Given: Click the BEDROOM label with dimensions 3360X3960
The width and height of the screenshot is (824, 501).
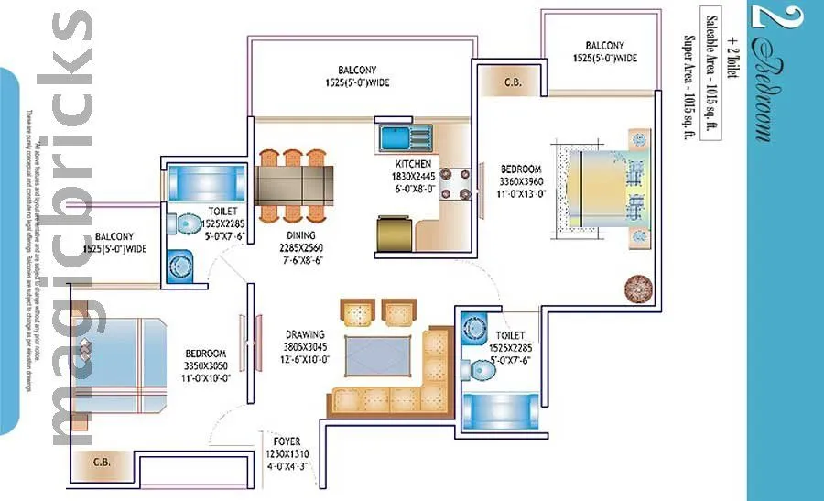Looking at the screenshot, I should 521,169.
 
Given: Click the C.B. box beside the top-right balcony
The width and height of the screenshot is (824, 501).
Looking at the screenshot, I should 513,82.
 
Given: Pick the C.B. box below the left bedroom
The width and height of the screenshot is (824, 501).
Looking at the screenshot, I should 102,463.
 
